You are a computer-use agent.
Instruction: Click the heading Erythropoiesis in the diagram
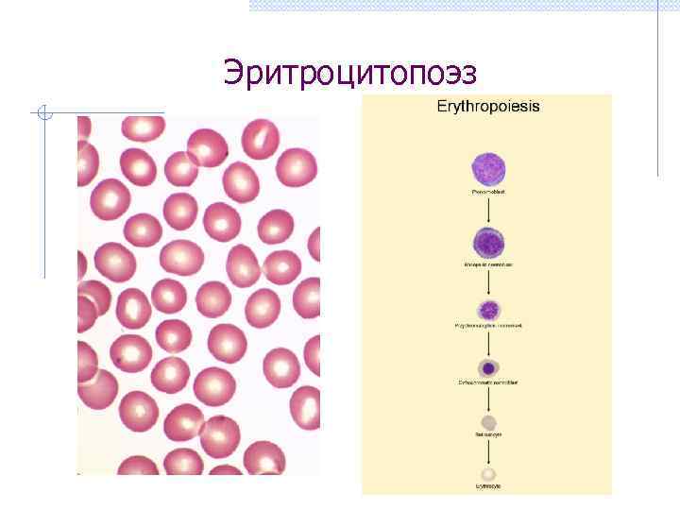click(488, 107)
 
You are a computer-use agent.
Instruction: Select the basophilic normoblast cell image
click(488, 243)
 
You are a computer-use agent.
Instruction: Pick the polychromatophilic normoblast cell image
click(488, 310)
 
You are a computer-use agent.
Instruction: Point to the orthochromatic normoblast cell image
click(488, 368)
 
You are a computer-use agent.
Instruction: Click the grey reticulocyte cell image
click(488, 422)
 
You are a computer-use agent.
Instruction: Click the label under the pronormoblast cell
click(488, 192)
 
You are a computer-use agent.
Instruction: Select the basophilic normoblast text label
click(488, 265)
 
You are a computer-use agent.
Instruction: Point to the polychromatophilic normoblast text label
click(488, 326)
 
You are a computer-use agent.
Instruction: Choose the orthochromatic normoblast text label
click(488, 382)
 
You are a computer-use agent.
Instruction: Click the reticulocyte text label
click(488, 435)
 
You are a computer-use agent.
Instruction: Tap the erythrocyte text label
click(488, 486)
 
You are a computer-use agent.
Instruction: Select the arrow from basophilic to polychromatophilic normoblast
click(488, 282)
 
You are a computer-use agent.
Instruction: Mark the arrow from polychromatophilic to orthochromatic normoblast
click(488, 343)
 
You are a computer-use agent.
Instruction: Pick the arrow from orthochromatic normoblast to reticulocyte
click(488, 399)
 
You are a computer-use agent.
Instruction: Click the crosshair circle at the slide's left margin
click(44, 114)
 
